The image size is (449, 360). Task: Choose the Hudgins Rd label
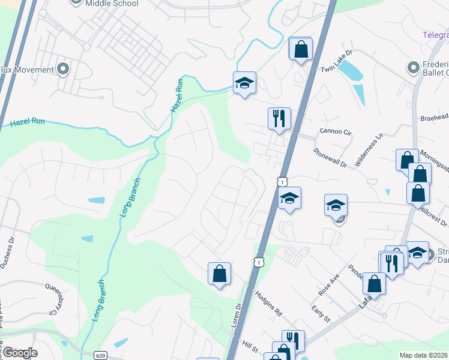[x=268, y=304]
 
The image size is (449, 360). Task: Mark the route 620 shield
[x=100, y=355]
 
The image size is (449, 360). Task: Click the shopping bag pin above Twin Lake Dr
[x=301, y=49]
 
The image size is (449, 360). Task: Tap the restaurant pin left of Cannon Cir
[x=279, y=118]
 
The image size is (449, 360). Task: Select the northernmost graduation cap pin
[x=244, y=83]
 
